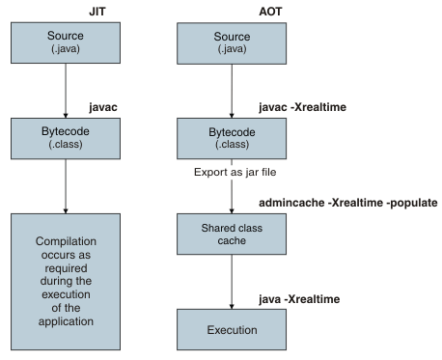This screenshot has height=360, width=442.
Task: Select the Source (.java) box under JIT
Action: [x=65, y=42]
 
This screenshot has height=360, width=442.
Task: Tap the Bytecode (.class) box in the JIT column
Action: [x=65, y=138]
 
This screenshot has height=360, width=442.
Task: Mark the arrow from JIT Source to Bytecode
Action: [x=65, y=91]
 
